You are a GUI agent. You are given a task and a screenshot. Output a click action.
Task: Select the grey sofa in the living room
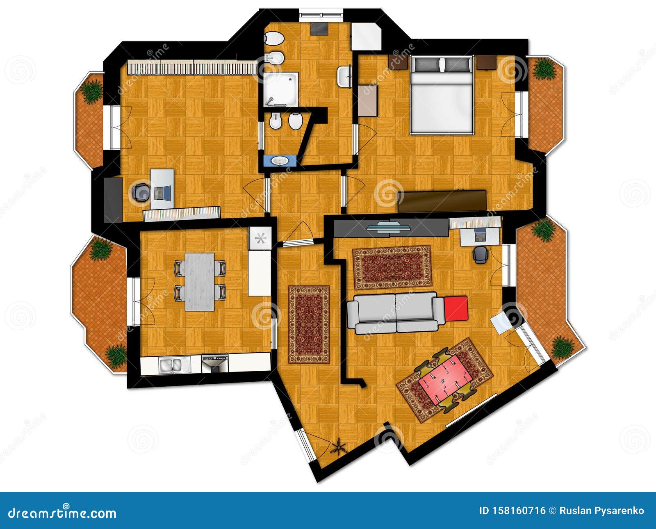click(396, 312)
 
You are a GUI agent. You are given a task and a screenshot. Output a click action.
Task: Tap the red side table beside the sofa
click(456, 308)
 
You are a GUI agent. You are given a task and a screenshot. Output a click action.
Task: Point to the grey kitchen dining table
click(200, 282)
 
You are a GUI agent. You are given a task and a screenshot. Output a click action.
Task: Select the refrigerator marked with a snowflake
click(260, 238)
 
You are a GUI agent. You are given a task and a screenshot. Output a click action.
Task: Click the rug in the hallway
click(309, 324)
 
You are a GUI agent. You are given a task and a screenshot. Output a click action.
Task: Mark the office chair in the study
click(141, 192)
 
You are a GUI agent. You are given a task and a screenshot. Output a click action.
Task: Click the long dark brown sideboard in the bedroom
click(442, 201)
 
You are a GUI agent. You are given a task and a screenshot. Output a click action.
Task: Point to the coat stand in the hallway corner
click(339, 446)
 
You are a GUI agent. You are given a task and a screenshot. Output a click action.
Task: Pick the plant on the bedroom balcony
click(545, 68)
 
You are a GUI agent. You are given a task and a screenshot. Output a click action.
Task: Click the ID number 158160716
click(512, 511)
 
